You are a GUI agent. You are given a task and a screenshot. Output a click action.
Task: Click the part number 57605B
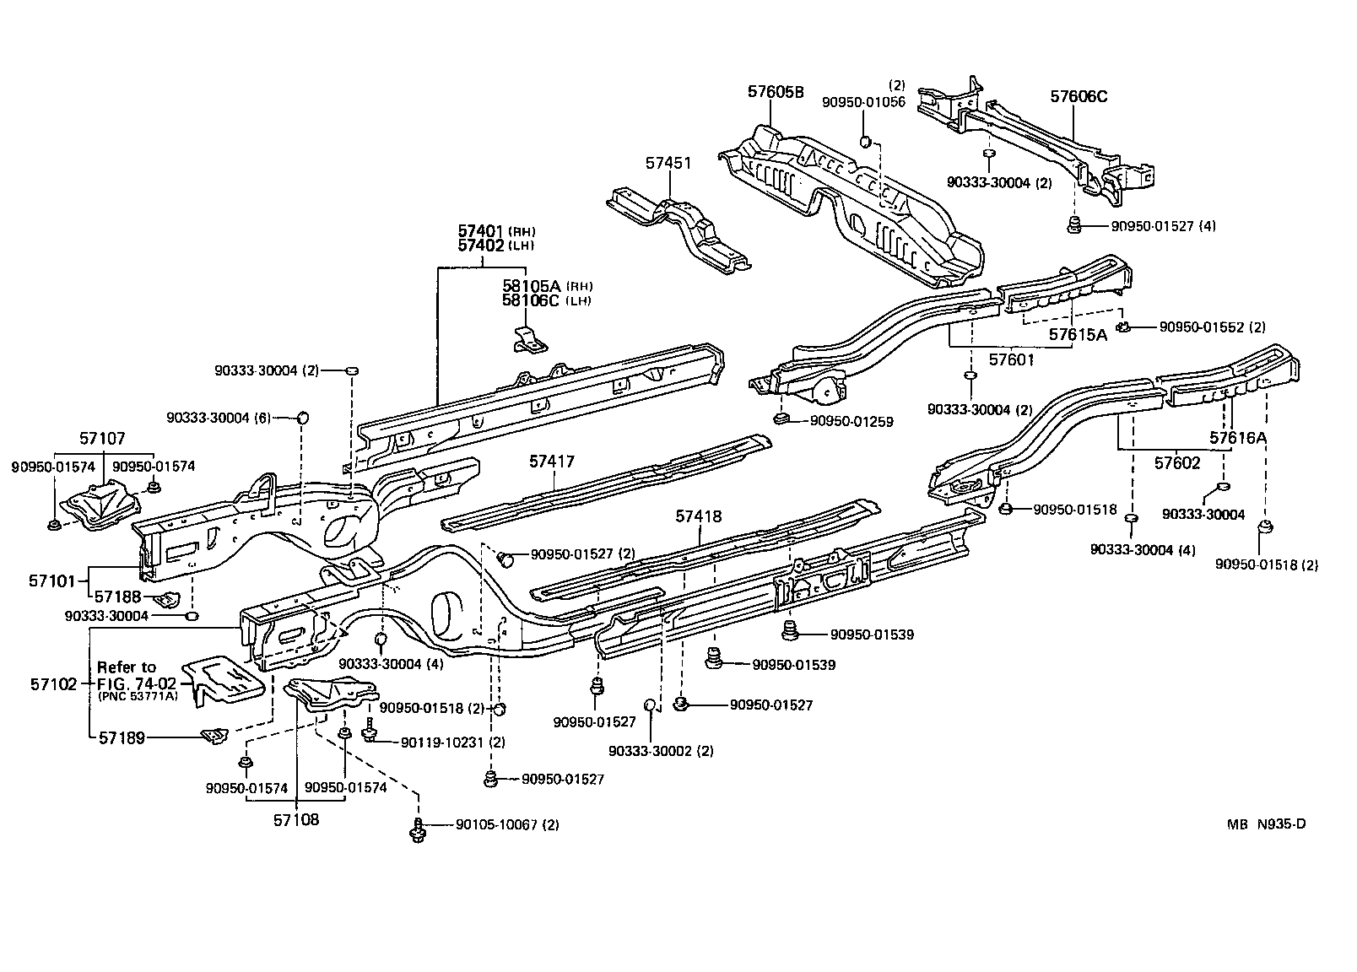(x=776, y=93)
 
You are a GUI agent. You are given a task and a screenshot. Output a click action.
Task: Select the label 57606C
(x=1079, y=97)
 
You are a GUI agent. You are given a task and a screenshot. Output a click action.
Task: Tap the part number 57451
(x=668, y=164)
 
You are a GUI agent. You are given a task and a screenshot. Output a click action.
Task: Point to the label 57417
(x=552, y=462)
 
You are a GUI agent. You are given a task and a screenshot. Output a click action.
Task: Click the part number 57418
(x=699, y=516)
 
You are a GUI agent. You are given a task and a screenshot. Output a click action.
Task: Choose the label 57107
(x=102, y=439)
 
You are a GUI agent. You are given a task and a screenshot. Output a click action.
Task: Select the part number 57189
(x=122, y=738)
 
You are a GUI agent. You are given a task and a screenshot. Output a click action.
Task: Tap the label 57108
(x=295, y=818)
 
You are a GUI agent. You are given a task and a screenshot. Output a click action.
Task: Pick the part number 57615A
(x=1078, y=334)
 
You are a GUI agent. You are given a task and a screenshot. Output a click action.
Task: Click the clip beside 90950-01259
(x=781, y=418)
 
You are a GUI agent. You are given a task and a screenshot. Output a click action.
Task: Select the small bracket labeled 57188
(x=171, y=598)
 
